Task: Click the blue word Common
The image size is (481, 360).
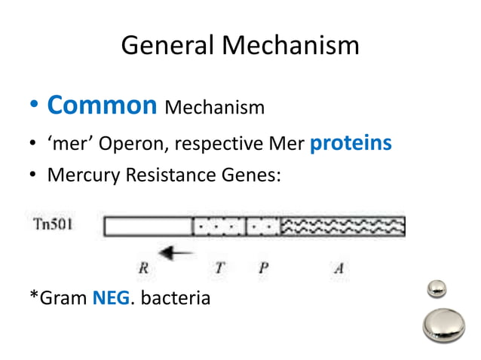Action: tap(101, 105)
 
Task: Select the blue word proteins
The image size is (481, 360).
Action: tap(351, 142)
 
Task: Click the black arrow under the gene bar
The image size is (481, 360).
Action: tap(177, 254)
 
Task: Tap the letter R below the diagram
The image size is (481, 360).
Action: tap(142, 267)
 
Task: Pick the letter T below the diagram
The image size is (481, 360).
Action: tap(219, 267)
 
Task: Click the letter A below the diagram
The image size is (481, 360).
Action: tap(339, 267)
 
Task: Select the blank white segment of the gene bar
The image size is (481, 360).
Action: tap(148, 226)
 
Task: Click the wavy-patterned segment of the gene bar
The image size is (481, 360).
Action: tap(342, 226)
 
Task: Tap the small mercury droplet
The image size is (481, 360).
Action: tap(437, 288)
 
